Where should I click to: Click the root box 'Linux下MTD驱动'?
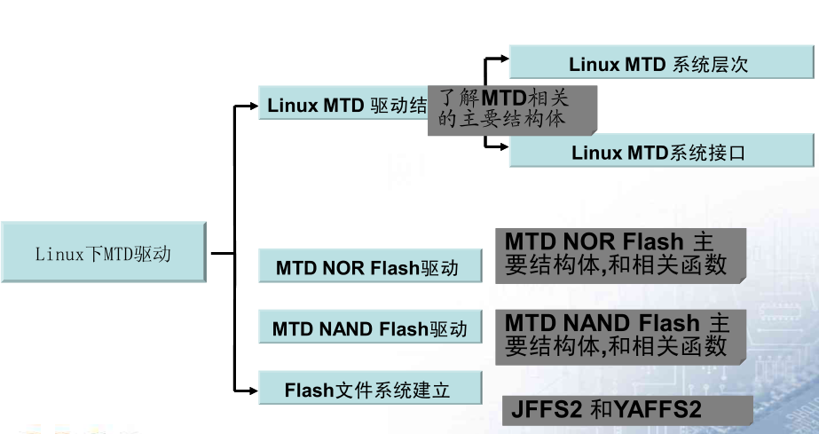point(104,253)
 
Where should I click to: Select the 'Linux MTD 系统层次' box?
point(661,64)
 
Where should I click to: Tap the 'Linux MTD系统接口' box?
point(661,152)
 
